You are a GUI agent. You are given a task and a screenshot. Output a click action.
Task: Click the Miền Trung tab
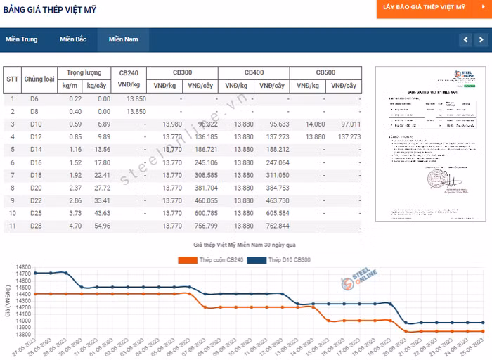21,39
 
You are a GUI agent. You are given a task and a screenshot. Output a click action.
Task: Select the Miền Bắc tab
73,39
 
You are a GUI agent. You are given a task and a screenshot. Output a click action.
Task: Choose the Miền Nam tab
123,39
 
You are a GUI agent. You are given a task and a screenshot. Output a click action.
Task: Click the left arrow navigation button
465,39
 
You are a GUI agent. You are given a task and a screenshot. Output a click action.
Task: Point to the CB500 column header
325,72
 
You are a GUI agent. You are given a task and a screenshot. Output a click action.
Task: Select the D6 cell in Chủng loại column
34,98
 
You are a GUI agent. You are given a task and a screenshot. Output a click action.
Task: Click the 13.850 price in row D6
136,98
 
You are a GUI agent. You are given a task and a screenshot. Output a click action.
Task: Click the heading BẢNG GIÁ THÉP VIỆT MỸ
51,10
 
